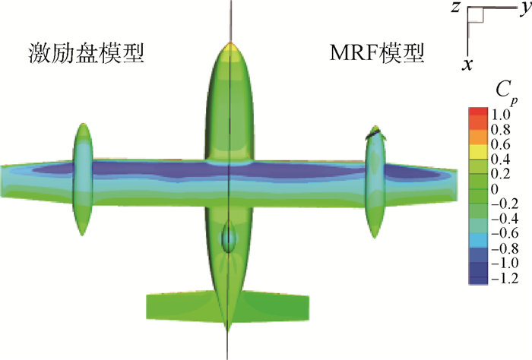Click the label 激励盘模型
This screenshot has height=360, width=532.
tap(86, 54)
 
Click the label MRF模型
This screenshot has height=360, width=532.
tap(377, 53)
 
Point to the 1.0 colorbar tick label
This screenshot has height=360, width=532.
tap(500, 115)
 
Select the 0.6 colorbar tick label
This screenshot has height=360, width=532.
tap(500, 144)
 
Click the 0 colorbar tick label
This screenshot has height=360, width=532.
tap(495, 189)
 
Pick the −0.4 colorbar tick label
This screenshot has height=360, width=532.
tap(505, 219)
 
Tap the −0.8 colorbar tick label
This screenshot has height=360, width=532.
tap(505, 248)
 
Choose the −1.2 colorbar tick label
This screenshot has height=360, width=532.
tap(505, 278)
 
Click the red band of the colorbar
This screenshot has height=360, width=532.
tap(478, 112)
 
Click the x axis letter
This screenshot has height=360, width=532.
tap(467, 64)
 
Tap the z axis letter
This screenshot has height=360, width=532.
tap(455, 8)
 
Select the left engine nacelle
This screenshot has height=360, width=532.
tap(83, 179)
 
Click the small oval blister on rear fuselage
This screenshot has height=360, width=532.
tap(229, 237)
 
